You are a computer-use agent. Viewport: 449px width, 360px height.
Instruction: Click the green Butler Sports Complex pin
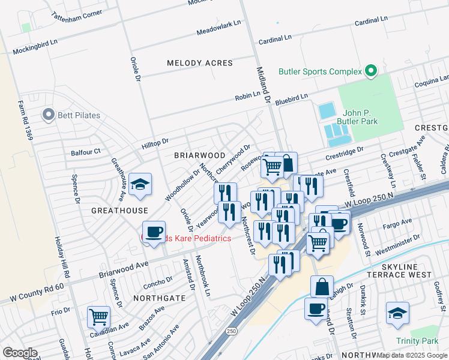pos(370,71)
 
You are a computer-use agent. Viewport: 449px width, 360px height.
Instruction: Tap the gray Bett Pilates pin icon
pos(48,114)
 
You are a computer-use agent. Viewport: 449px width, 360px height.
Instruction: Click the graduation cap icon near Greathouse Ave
pos(140,185)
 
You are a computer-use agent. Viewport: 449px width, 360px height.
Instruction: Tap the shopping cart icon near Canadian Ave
pos(98,316)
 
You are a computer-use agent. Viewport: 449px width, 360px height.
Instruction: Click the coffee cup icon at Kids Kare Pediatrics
pos(154,232)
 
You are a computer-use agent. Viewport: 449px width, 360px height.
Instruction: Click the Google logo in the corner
pos(19,353)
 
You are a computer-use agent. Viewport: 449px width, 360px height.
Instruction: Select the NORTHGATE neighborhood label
pos(158,298)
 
